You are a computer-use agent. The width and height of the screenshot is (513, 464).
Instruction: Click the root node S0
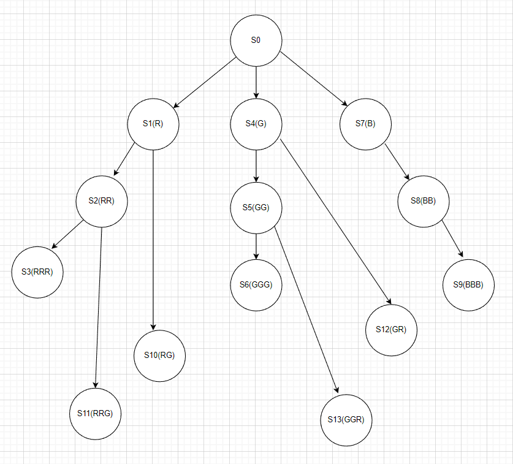click(256, 40)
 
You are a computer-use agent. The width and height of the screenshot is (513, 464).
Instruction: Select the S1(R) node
click(153, 124)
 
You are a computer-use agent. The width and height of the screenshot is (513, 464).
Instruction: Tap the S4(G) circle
click(256, 124)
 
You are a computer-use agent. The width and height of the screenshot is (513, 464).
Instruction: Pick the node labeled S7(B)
click(365, 124)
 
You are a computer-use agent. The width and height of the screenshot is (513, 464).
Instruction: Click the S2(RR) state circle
click(102, 201)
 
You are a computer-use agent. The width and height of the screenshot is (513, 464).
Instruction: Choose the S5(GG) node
click(256, 208)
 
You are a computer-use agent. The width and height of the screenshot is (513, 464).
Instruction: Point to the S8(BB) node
click(424, 201)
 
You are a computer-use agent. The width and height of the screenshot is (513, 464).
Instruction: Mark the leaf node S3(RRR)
click(37, 272)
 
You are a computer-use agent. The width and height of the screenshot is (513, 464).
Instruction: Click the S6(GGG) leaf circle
click(256, 284)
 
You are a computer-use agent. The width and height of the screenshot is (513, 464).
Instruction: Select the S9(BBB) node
click(469, 284)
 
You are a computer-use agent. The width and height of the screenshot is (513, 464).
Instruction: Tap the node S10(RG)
click(159, 356)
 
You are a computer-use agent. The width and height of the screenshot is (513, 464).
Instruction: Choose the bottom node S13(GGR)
click(346, 420)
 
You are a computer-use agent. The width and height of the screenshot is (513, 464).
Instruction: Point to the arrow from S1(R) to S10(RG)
click(153, 239)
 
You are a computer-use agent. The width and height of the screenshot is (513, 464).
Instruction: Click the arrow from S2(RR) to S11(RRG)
click(99, 306)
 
